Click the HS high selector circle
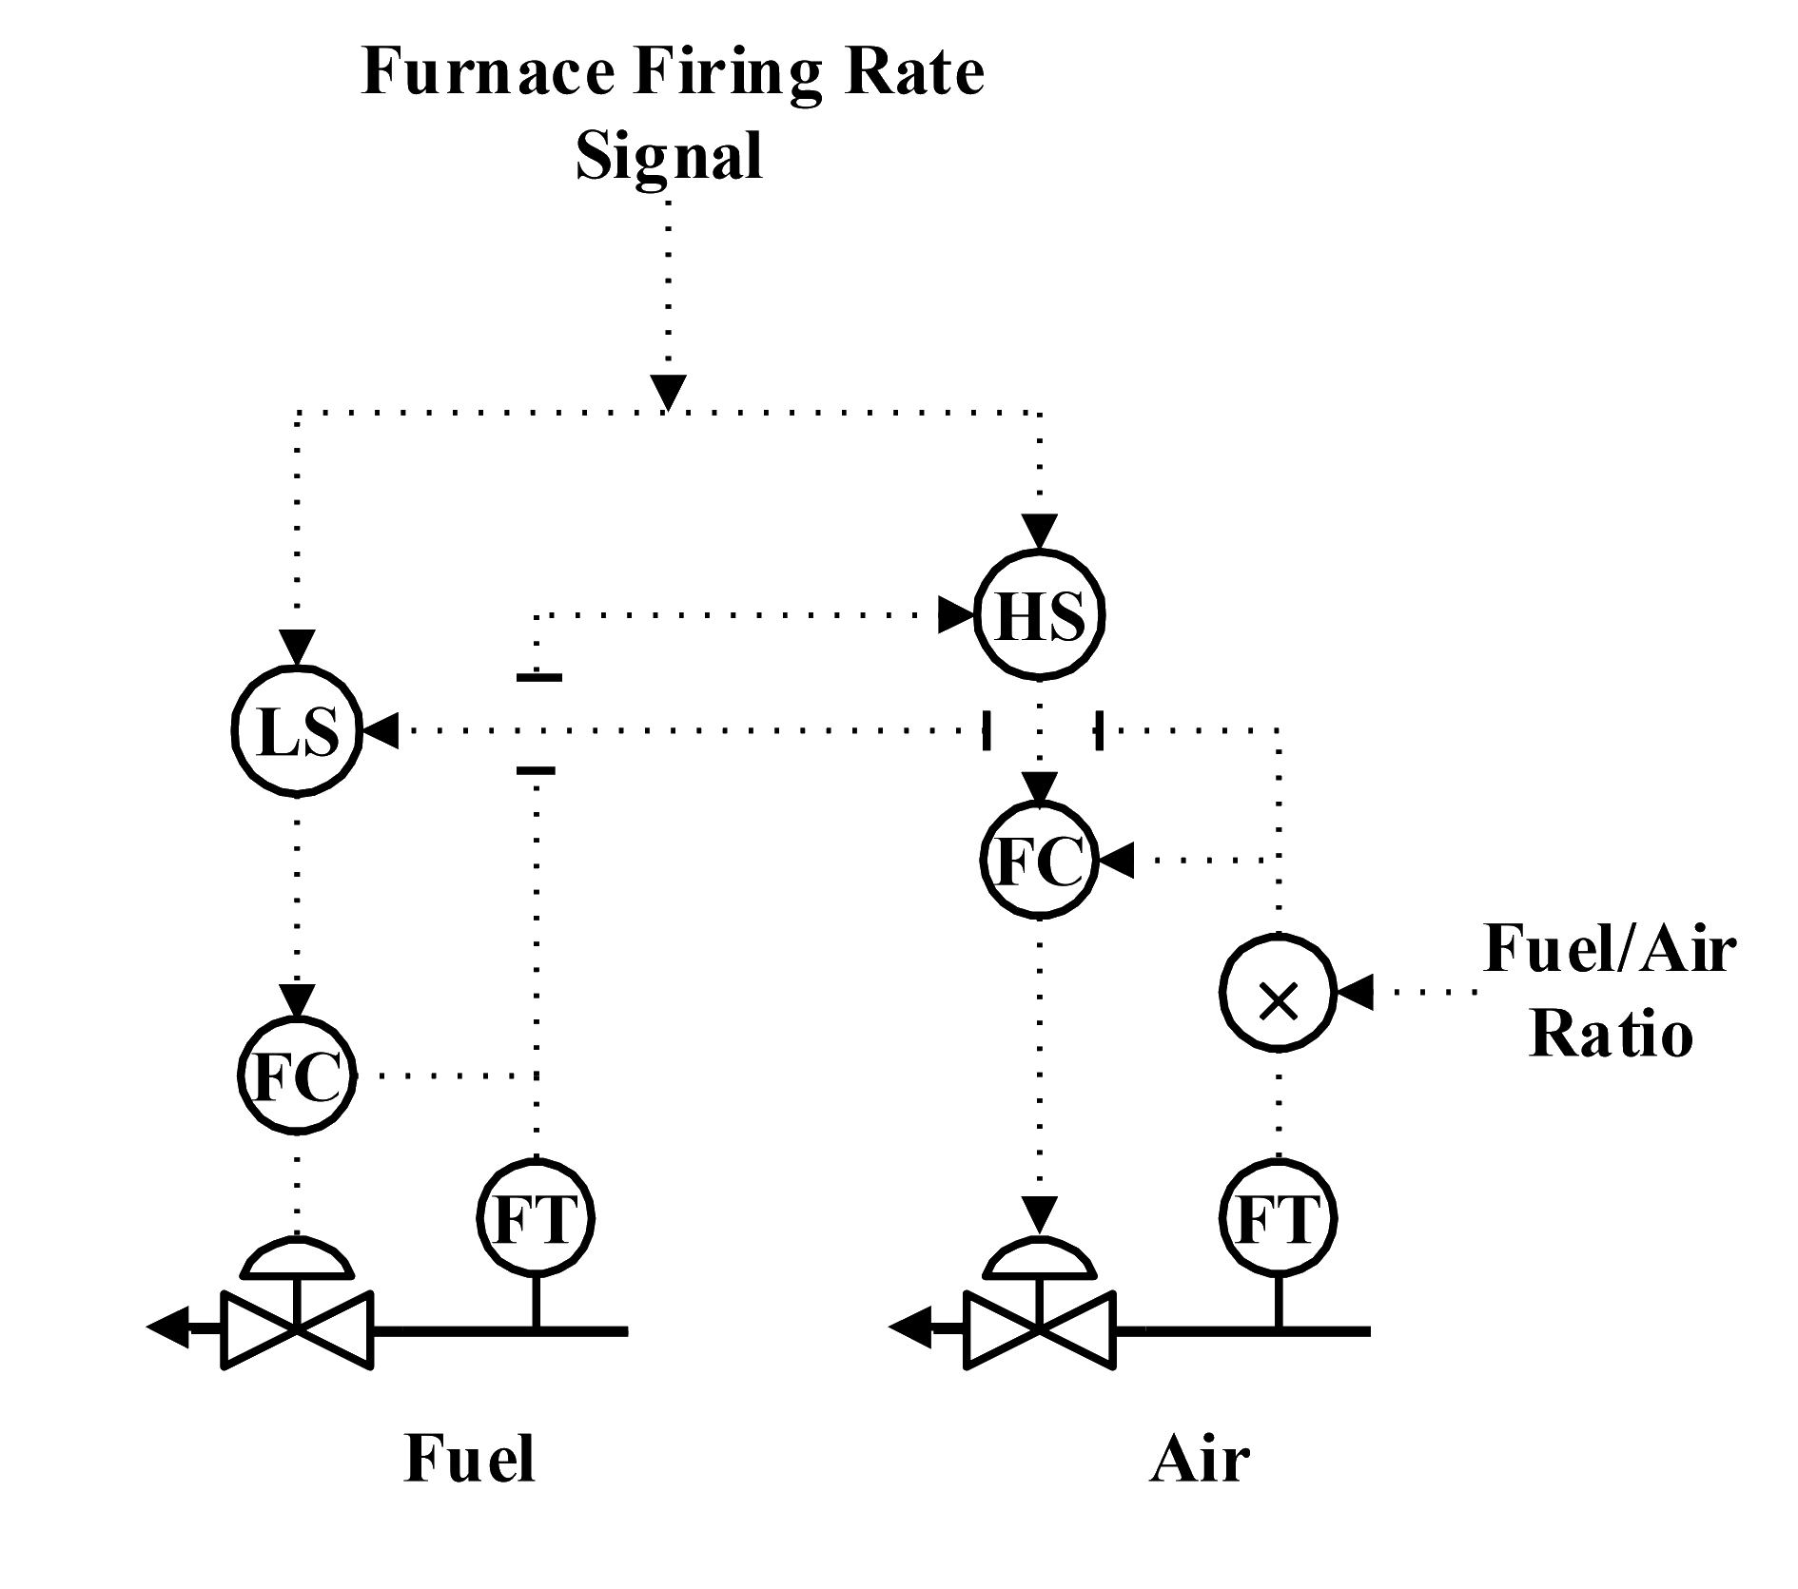point(1041,617)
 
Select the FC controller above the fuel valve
point(298,1075)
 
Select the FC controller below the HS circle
point(1041,861)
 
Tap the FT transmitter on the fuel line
point(536,1218)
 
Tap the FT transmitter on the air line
point(1280,1218)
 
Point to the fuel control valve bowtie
point(298,1329)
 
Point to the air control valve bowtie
point(1041,1329)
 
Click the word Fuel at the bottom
point(469,1484)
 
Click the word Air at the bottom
point(1197,1484)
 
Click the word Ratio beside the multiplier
point(1611,1035)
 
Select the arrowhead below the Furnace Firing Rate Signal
point(668,393)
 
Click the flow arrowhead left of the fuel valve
point(169,1328)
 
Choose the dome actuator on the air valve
point(1041,1257)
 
